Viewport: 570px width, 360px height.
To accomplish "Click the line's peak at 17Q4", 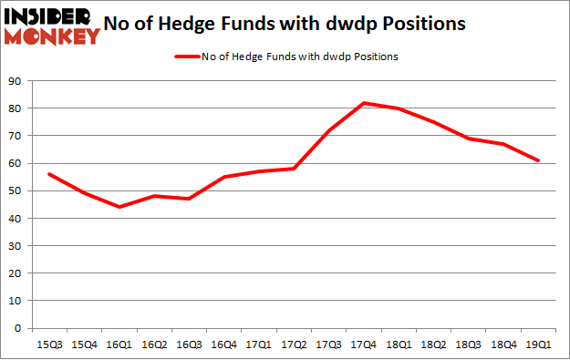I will pyautogui.click(x=365, y=103).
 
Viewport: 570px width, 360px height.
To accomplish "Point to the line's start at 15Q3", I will pyautogui.click(x=51, y=174).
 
